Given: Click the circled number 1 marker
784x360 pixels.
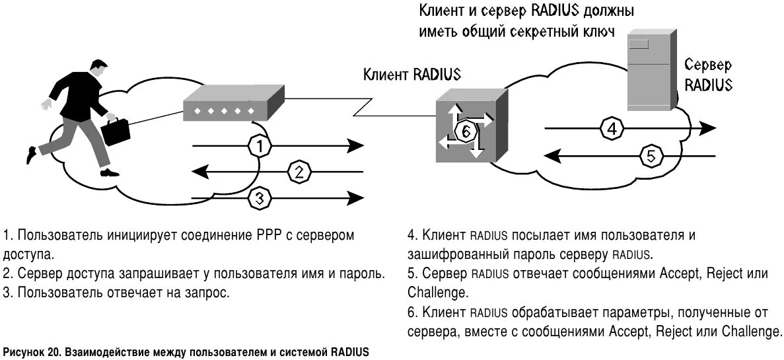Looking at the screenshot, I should pyautogui.click(x=260, y=146).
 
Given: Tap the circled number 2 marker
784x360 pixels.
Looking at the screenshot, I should pyautogui.click(x=299, y=172).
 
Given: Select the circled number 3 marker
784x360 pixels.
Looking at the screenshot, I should pyautogui.click(x=260, y=197).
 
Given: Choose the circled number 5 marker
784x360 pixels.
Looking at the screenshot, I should pyautogui.click(x=651, y=157).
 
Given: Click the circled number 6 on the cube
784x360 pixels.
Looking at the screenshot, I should pyautogui.click(x=466, y=132).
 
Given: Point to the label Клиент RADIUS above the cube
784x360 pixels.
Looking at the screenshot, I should pyautogui.click(x=411, y=73).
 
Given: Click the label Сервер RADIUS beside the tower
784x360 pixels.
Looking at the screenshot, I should pyautogui.click(x=708, y=75).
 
